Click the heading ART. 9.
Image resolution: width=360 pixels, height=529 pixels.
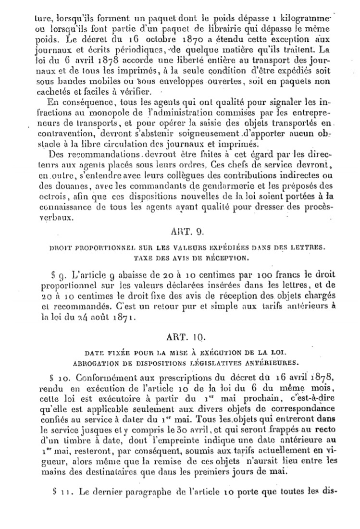186,231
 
